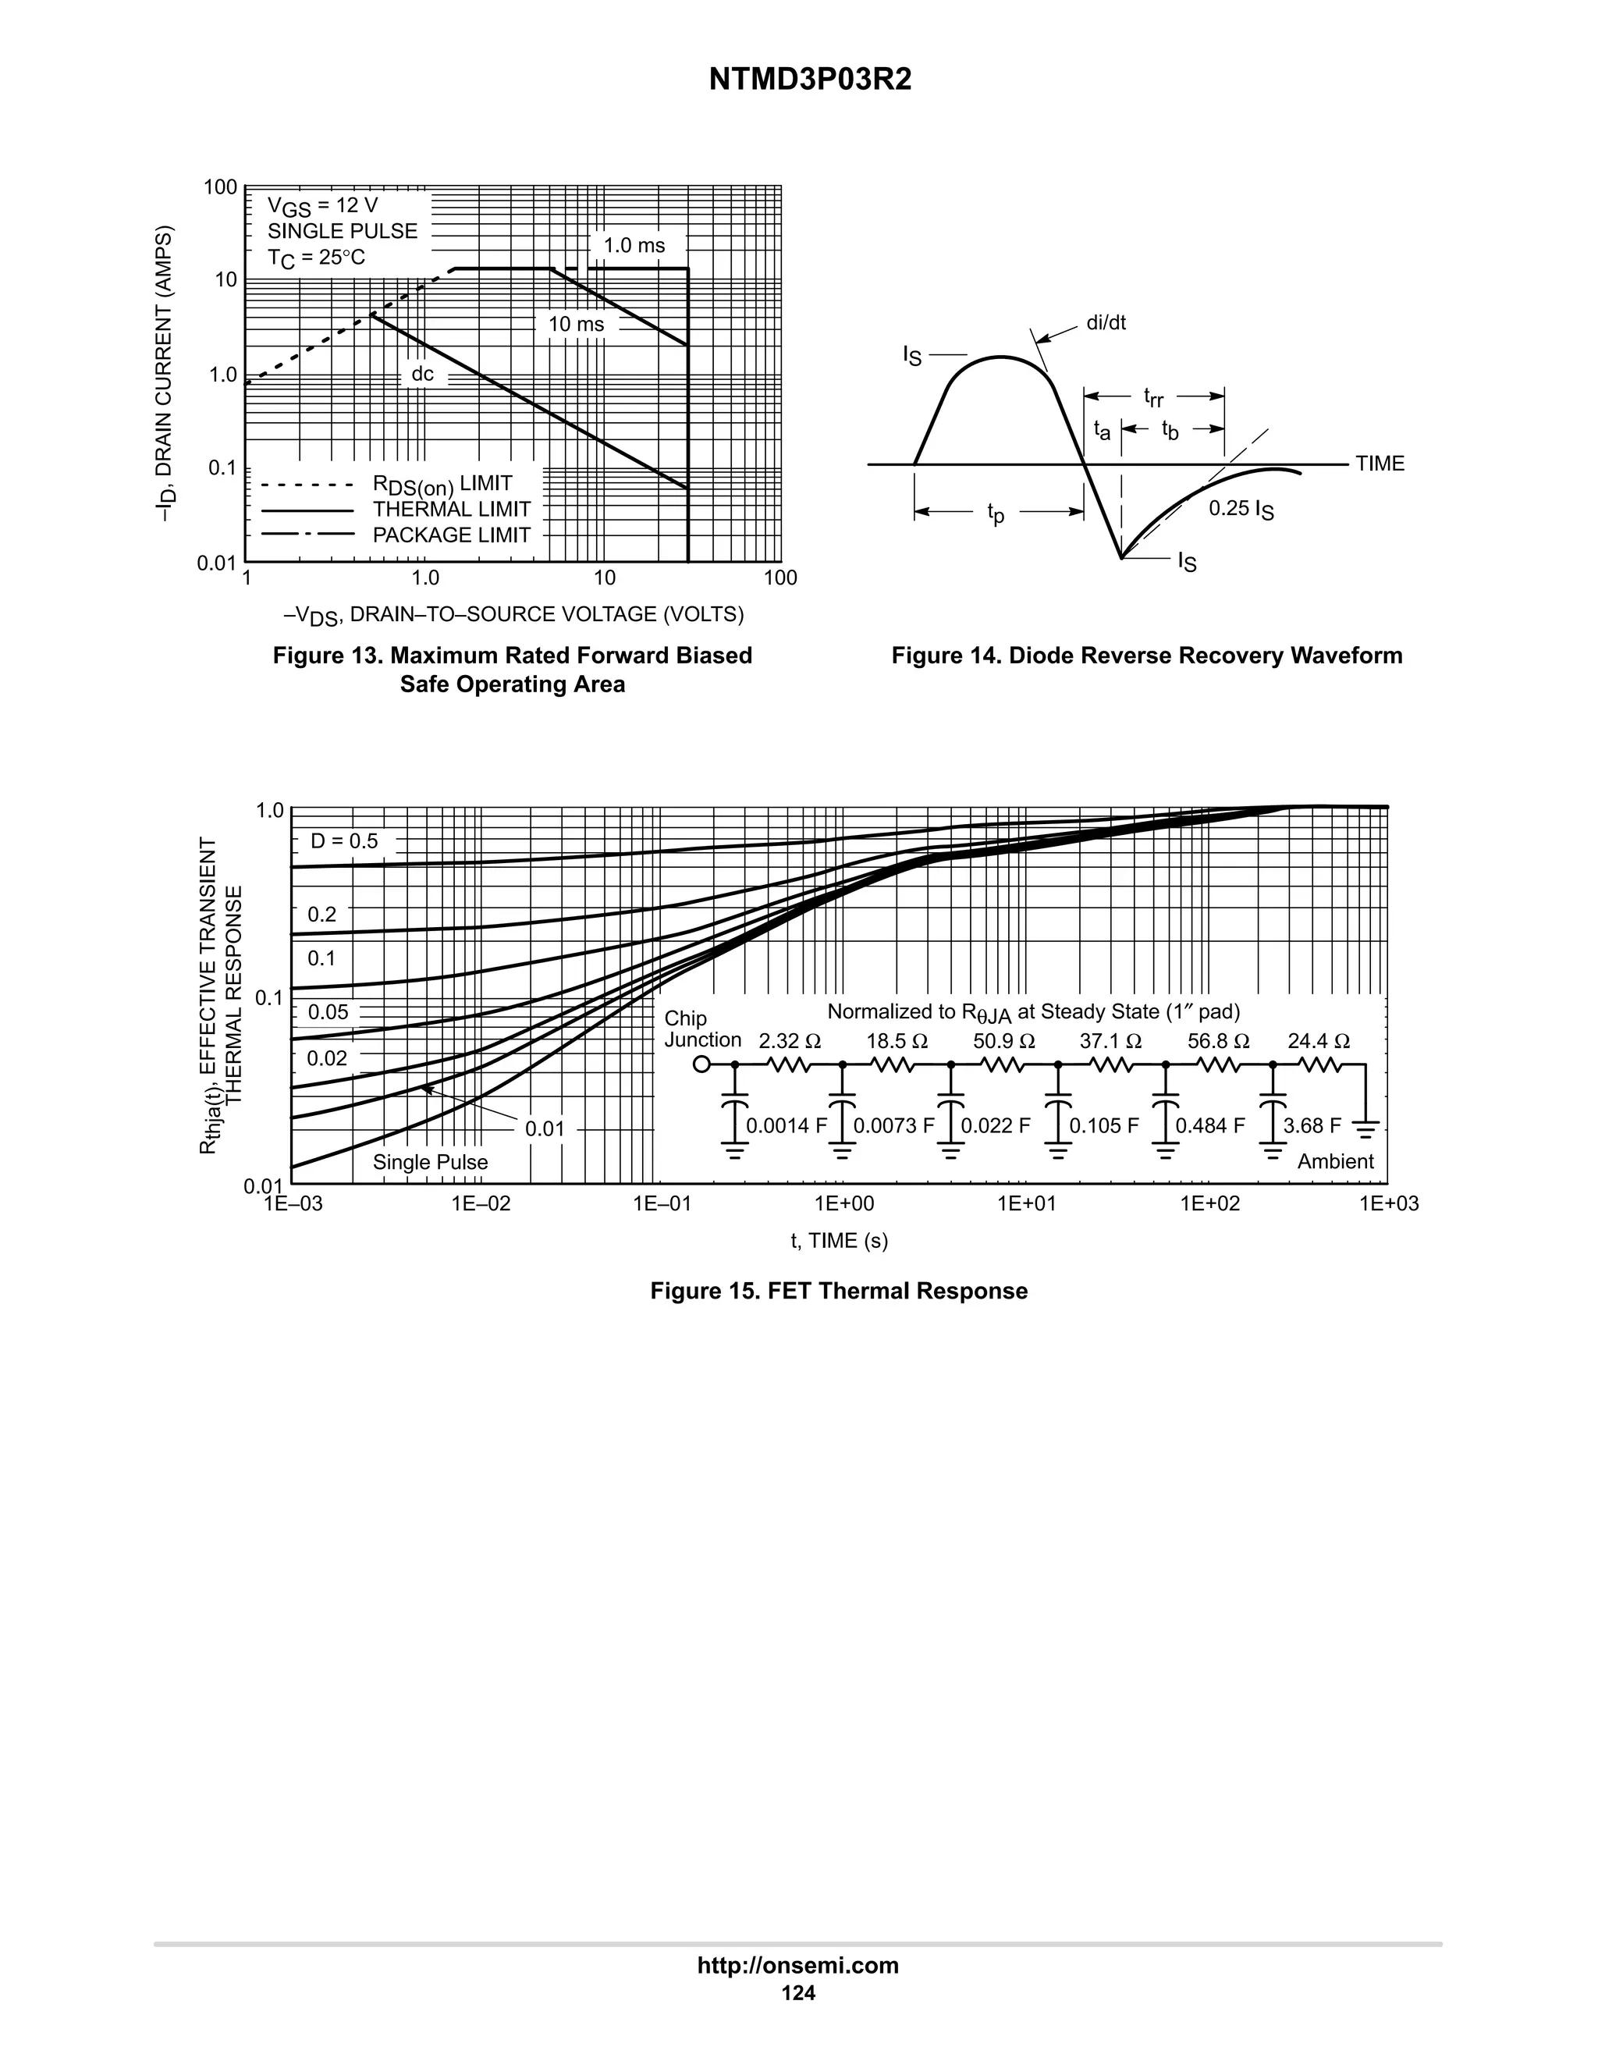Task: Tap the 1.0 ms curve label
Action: pos(634,246)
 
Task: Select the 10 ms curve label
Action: pos(576,325)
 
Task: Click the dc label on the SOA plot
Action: pos(422,374)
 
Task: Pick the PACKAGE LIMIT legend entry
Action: pos(451,535)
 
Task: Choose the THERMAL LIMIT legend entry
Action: pos(451,510)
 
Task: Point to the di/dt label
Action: pos(1106,323)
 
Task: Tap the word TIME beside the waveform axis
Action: pos(1380,464)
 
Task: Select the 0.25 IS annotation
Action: pos(1240,510)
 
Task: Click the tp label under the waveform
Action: pos(995,513)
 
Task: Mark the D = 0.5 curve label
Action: pos(343,840)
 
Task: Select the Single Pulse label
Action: pos(430,1163)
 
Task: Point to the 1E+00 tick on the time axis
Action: pos(844,1203)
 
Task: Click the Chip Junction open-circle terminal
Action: pos(701,1064)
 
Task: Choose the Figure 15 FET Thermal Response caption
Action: pos(838,1292)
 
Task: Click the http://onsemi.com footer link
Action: pos(797,1966)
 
